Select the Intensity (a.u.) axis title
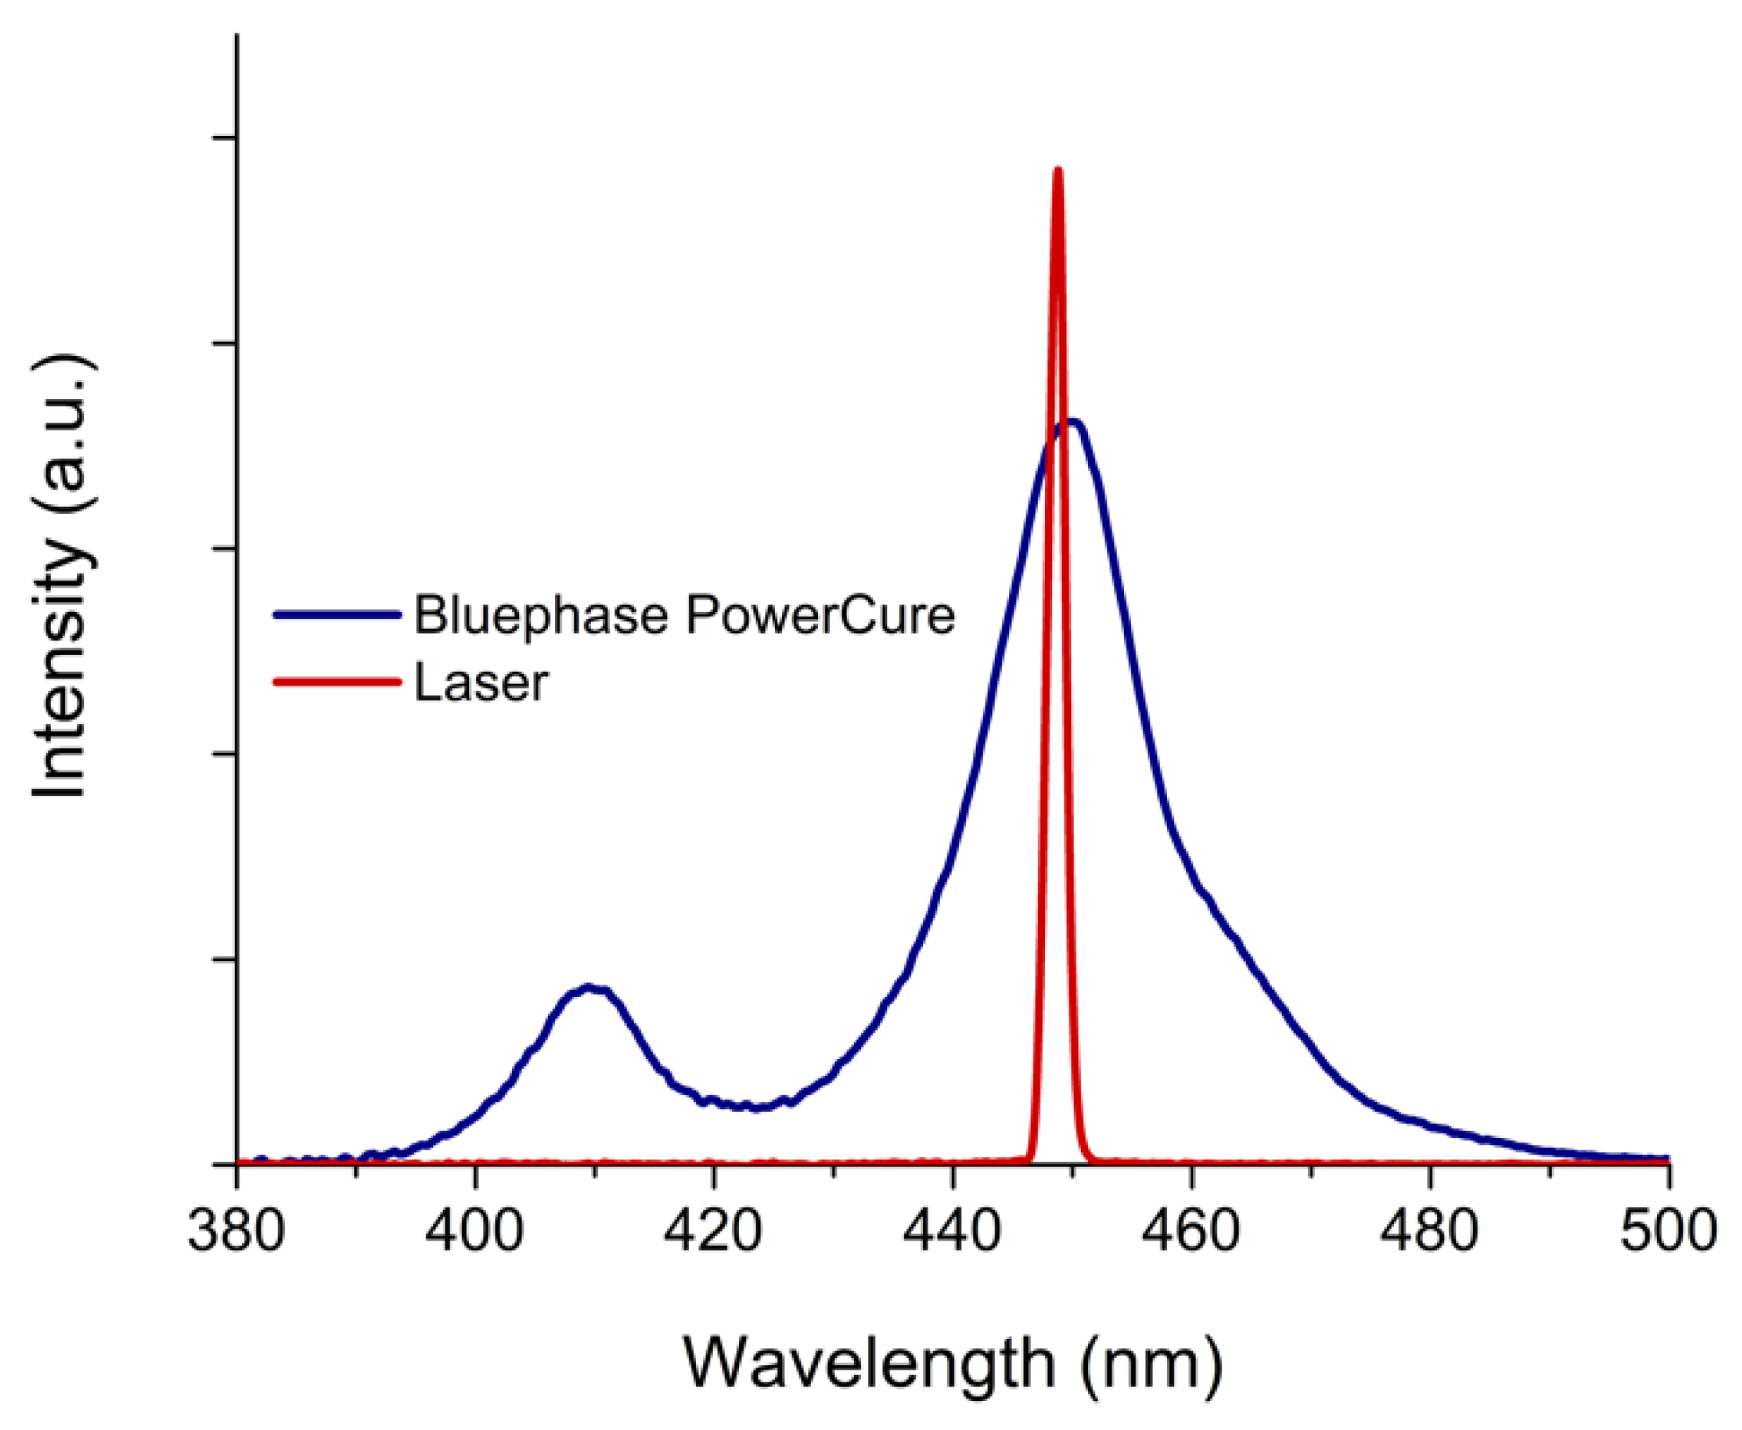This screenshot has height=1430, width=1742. click(61, 576)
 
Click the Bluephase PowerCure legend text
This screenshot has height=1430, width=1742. click(684, 615)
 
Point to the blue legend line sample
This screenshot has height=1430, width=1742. click(338, 615)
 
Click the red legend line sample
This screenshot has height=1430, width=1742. click(338, 681)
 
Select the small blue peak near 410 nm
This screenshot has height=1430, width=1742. click(590, 987)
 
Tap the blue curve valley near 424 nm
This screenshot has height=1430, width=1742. click(758, 1107)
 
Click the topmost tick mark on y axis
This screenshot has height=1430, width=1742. click(224, 138)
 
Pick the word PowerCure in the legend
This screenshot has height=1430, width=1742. click(821, 615)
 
